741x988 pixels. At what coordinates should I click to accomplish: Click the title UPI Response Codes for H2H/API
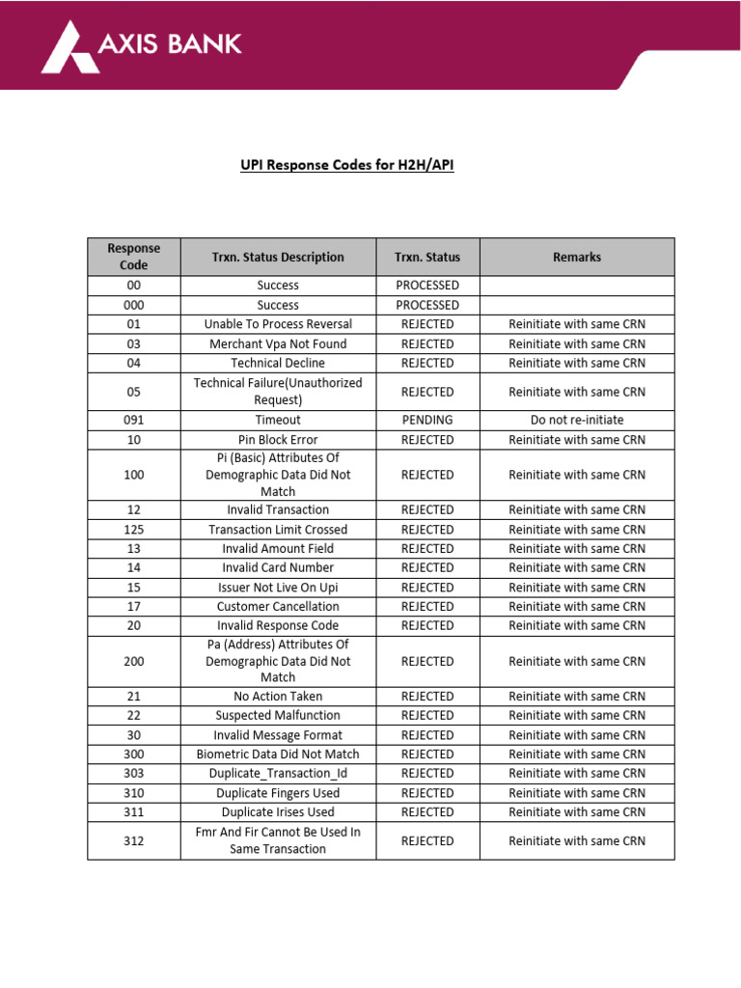tap(346, 165)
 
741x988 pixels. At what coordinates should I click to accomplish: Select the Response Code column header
tap(134, 257)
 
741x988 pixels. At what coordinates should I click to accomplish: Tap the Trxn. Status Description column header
tap(278, 257)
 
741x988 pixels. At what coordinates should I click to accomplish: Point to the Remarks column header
tap(577, 257)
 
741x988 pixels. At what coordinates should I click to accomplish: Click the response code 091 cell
tap(134, 421)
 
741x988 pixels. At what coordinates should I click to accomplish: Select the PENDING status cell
tap(427, 421)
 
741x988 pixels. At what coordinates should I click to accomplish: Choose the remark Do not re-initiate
tap(577, 421)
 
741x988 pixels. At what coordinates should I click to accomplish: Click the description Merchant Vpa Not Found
tap(278, 343)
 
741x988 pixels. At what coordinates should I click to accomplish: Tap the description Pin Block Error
tap(278, 440)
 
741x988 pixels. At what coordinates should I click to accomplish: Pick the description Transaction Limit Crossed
tap(278, 530)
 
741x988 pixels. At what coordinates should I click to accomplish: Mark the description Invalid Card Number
tap(278, 568)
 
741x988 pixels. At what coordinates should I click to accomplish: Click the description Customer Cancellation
tap(278, 607)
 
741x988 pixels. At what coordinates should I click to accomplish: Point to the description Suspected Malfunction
tap(278, 716)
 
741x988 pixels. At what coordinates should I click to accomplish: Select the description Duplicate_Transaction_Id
tap(278, 774)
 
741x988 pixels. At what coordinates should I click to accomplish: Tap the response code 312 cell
tap(134, 841)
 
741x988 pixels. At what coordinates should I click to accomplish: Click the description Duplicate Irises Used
tap(278, 812)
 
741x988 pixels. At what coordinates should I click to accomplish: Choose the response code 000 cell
tap(134, 305)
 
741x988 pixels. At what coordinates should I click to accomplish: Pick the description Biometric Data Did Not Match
tap(278, 755)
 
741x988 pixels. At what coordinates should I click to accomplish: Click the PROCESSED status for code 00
tap(427, 286)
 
